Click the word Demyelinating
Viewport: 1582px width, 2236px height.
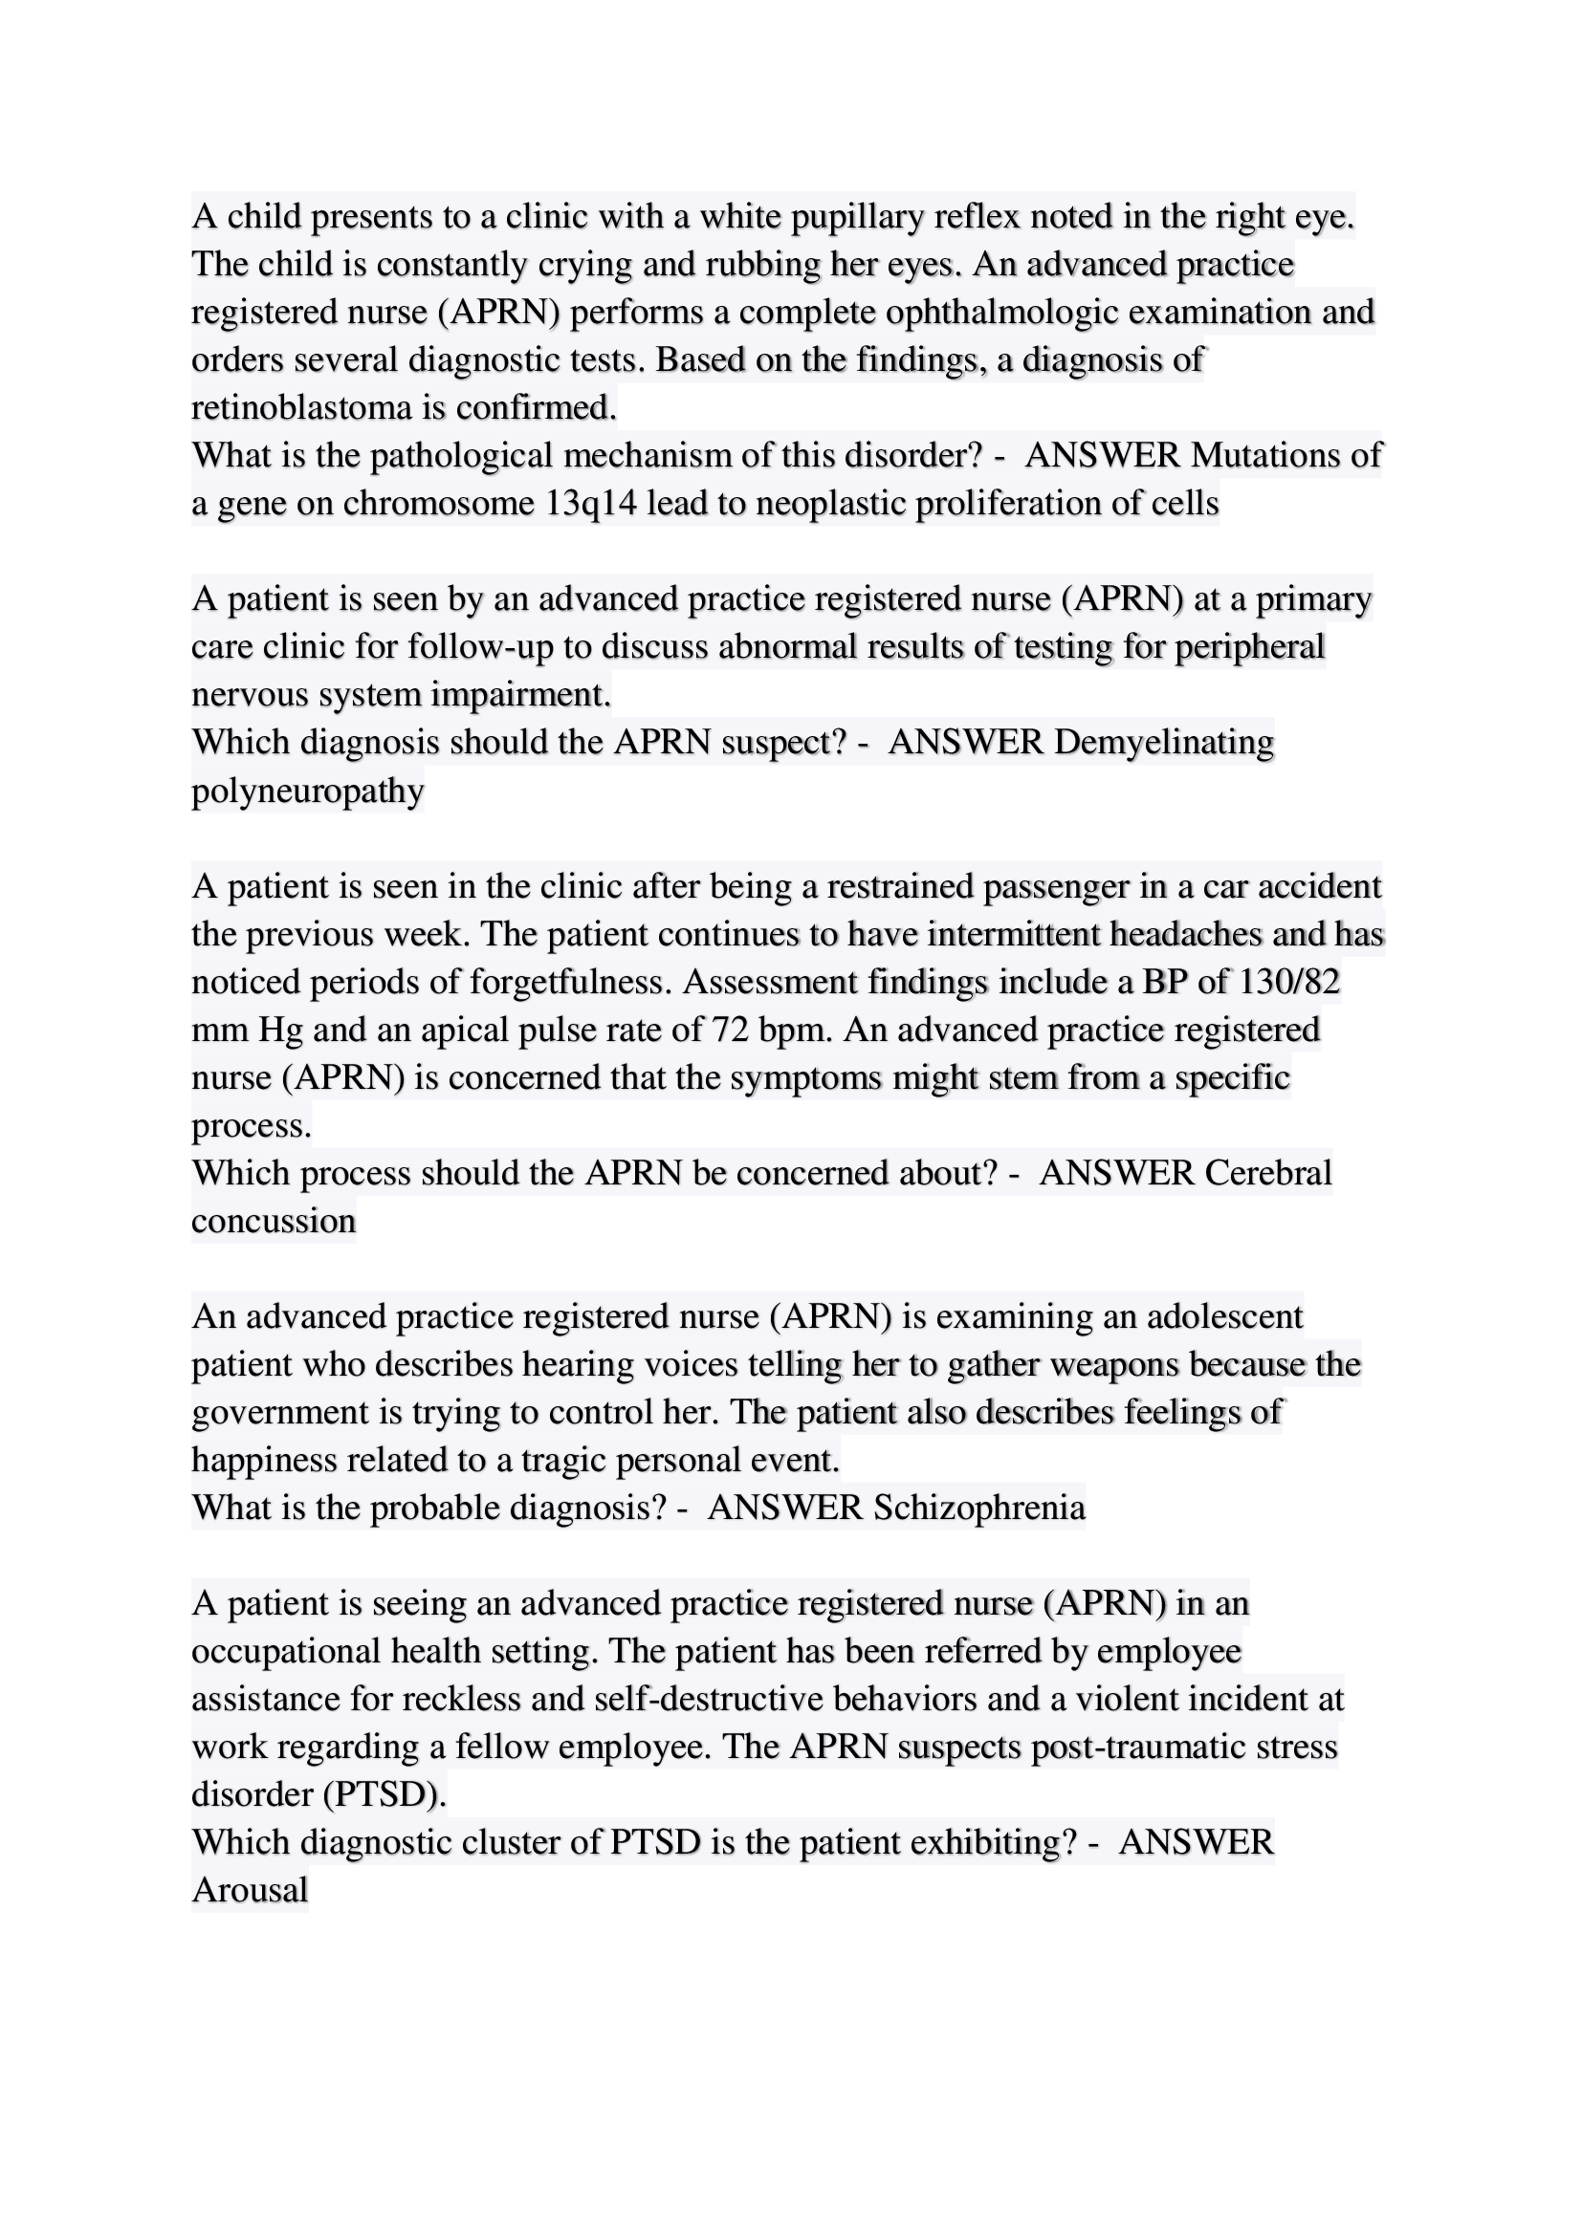coord(1163,743)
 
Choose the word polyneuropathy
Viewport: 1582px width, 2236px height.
coord(308,791)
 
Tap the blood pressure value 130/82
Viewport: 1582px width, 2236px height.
coord(1289,982)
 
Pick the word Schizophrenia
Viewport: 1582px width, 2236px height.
coord(979,1509)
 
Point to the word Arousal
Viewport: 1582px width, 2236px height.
coord(251,1891)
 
